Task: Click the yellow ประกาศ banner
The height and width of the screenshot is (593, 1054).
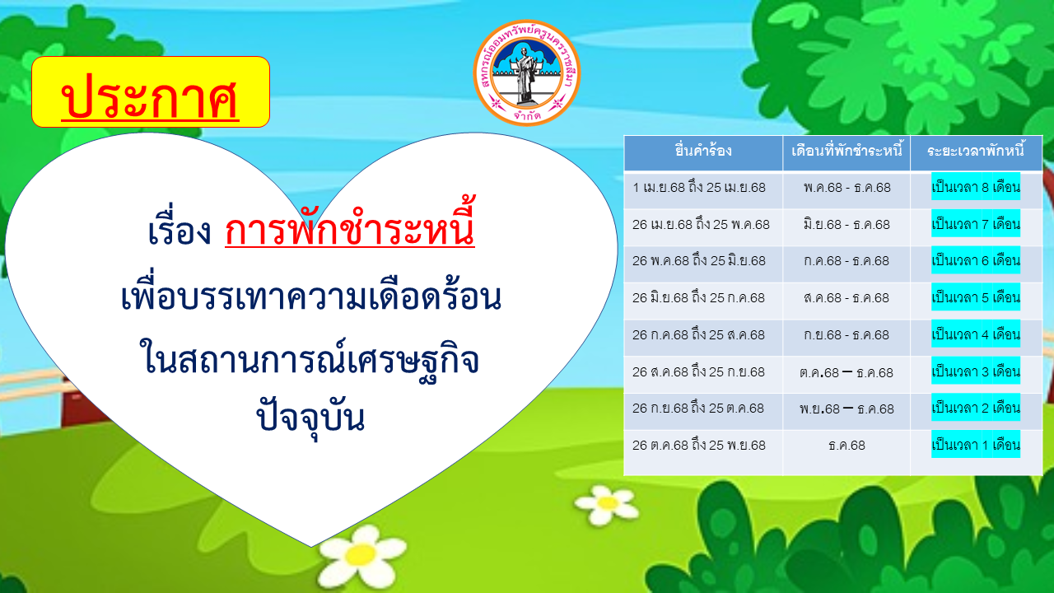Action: [151, 91]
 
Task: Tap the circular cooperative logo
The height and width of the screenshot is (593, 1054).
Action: [526, 73]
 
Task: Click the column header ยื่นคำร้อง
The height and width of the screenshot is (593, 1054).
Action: [703, 151]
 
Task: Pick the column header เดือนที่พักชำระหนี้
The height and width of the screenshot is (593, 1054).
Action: [846, 151]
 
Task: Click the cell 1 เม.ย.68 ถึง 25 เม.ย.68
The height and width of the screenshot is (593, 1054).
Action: [699, 188]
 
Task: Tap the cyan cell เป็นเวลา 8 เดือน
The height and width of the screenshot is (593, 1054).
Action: [976, 186]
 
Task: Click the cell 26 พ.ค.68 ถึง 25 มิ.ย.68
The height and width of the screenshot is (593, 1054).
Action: [699, 261]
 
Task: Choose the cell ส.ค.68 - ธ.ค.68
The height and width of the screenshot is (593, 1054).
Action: [846, 298]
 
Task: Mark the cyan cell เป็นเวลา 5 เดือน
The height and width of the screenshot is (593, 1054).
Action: [976, 297]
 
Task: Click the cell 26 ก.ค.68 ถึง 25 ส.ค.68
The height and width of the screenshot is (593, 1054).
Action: [698, 334]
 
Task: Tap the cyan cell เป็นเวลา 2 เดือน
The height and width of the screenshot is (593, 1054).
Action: [976, 408]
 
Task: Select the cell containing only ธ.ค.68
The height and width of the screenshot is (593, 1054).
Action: [846, 446]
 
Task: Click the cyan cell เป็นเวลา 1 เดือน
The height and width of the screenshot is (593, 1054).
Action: [976, 444]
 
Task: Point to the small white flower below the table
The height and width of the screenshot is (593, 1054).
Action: [606, 505]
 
